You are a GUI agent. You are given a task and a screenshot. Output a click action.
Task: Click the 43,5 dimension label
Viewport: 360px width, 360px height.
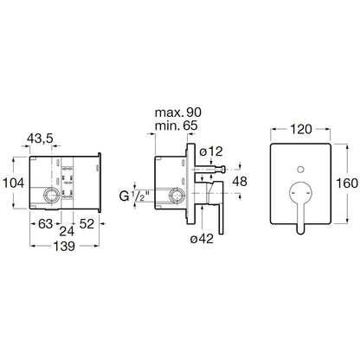tap(40, 138)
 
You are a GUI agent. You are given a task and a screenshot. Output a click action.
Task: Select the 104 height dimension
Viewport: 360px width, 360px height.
tap(14, 183)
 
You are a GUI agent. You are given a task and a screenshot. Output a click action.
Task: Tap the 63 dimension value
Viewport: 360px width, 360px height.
tap(46, 224)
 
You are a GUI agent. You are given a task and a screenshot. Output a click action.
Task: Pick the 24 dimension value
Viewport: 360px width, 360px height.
tap(67, 231)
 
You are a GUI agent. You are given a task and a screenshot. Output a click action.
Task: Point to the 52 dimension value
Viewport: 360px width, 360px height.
tap(87, 224)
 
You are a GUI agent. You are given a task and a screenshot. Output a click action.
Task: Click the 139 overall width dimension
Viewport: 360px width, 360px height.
tap(64, 246)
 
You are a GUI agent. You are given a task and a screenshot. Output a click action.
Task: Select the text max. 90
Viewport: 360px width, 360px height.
tap(178, 112)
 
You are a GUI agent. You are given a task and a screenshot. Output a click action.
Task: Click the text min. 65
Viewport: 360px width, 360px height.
tap(177, 125)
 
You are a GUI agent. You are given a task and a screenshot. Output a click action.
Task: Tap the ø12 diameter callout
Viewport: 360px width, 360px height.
tap(211, 151)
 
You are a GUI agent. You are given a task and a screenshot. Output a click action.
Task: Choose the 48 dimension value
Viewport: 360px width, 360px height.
tap(240, 182)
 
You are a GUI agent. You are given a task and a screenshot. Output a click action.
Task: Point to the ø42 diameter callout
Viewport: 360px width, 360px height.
tap(202, 239)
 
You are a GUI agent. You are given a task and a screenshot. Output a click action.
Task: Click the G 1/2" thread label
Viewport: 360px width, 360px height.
tap(134, 196)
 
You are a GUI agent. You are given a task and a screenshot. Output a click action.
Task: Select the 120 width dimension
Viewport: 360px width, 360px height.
tap(300, 129)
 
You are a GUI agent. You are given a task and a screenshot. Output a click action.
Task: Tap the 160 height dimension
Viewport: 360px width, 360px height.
tap(347, 183)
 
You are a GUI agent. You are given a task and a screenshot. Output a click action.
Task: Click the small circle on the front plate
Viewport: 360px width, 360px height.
tap(300, 170)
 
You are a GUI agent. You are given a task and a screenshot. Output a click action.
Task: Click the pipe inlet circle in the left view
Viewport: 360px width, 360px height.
tap(52, 196)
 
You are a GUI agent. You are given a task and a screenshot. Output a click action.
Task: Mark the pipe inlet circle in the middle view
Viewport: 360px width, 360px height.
tap(177, 196)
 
